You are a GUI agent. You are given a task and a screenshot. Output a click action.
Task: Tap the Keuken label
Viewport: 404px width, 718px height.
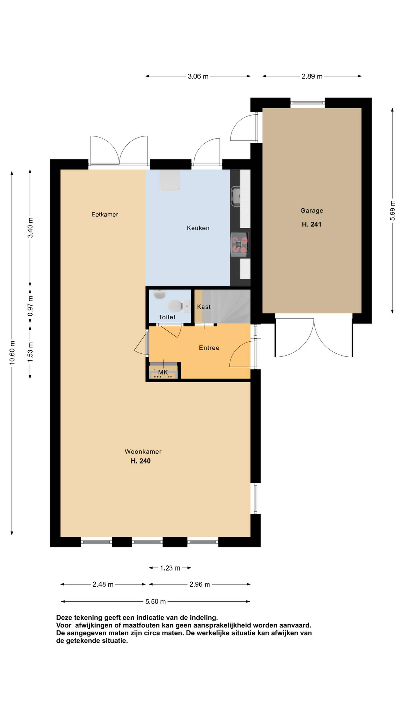tap(198, 228)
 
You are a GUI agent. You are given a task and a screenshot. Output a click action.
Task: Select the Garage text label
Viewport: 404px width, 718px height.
tap(312, 211)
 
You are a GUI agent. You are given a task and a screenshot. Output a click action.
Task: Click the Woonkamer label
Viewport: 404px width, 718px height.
tap(143, 452)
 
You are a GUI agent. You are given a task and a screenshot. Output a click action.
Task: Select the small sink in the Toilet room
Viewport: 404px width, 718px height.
tap(160, 294)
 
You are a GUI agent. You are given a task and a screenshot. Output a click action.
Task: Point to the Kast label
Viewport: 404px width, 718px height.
tap(204, 307)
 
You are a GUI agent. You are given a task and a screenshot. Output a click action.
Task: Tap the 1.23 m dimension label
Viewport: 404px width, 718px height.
tap(170, 568)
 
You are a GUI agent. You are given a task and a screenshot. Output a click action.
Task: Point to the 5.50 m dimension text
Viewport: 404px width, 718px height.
tap(156, 601)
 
